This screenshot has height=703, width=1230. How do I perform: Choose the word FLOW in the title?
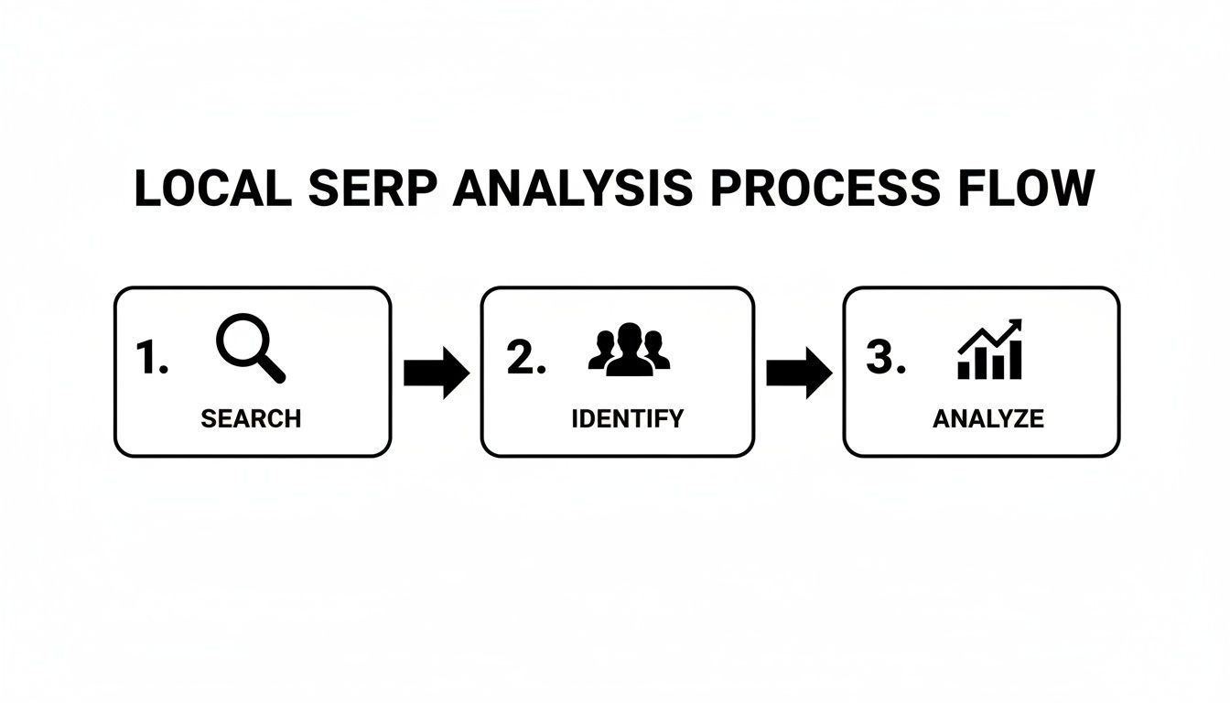tap(1024, 189)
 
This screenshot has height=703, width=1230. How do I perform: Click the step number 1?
tap(151, 358)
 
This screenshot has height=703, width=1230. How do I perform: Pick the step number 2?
tap(525, 358)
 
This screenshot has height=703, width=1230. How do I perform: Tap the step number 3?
tap(885, 358)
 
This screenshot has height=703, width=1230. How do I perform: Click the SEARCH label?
tap(251, 419)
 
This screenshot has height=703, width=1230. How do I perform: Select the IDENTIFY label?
tap(627, 419)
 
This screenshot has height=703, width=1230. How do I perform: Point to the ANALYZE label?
tap(987, 419)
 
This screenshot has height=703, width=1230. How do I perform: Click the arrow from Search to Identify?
tap(436, 373)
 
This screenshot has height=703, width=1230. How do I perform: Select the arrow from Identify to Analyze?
tap(798, 373)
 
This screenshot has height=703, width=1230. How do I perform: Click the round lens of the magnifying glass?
tap(242, 341)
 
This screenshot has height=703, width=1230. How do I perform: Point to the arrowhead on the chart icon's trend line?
tap(1015, 327)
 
